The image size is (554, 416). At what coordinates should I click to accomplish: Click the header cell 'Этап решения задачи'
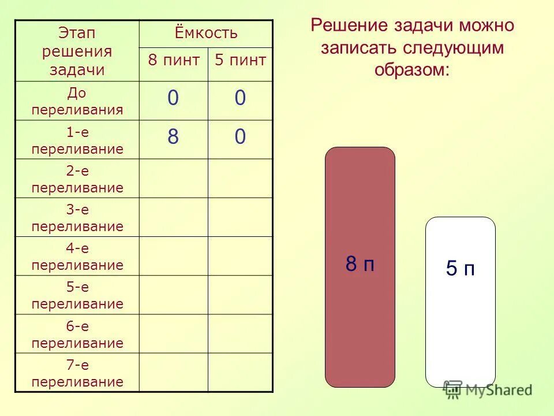(x=77, y=51)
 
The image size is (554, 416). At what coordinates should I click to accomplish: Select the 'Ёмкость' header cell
(x=206, y=34)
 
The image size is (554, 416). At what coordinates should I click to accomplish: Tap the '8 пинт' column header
(x=174, y=60)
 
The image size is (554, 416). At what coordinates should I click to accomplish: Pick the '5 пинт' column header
(x=240, y=60)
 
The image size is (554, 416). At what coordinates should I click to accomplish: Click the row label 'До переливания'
(x=77, y=101)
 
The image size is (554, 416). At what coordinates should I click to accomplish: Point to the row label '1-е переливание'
(x=77, y=140)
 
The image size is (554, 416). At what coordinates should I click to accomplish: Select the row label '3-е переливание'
(x=77, y=218)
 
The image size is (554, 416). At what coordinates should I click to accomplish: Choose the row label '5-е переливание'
(x=77, y=295)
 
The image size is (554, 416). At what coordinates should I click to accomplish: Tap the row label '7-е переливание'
(x=77, y=373)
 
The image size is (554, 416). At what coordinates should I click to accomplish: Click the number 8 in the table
(x=173, y=138)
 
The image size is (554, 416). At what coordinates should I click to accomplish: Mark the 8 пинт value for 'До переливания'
(x=173, y=99)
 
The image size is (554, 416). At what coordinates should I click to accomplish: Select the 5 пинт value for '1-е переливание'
(x=240, y=138)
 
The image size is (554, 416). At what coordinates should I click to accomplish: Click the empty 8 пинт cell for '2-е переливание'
(x=173, y=179)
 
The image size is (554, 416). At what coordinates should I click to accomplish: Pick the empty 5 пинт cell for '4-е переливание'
(x=240, y=256)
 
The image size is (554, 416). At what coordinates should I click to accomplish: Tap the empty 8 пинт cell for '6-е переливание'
(x=173, y=334)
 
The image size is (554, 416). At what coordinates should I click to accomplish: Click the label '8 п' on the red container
(x=360, y=265)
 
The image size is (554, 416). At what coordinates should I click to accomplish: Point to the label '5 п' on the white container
(x=460, y=269)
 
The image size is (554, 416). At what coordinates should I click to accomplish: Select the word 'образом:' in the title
(x=411, y=70)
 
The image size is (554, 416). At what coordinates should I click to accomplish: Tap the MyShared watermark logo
(x=487, y=389)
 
